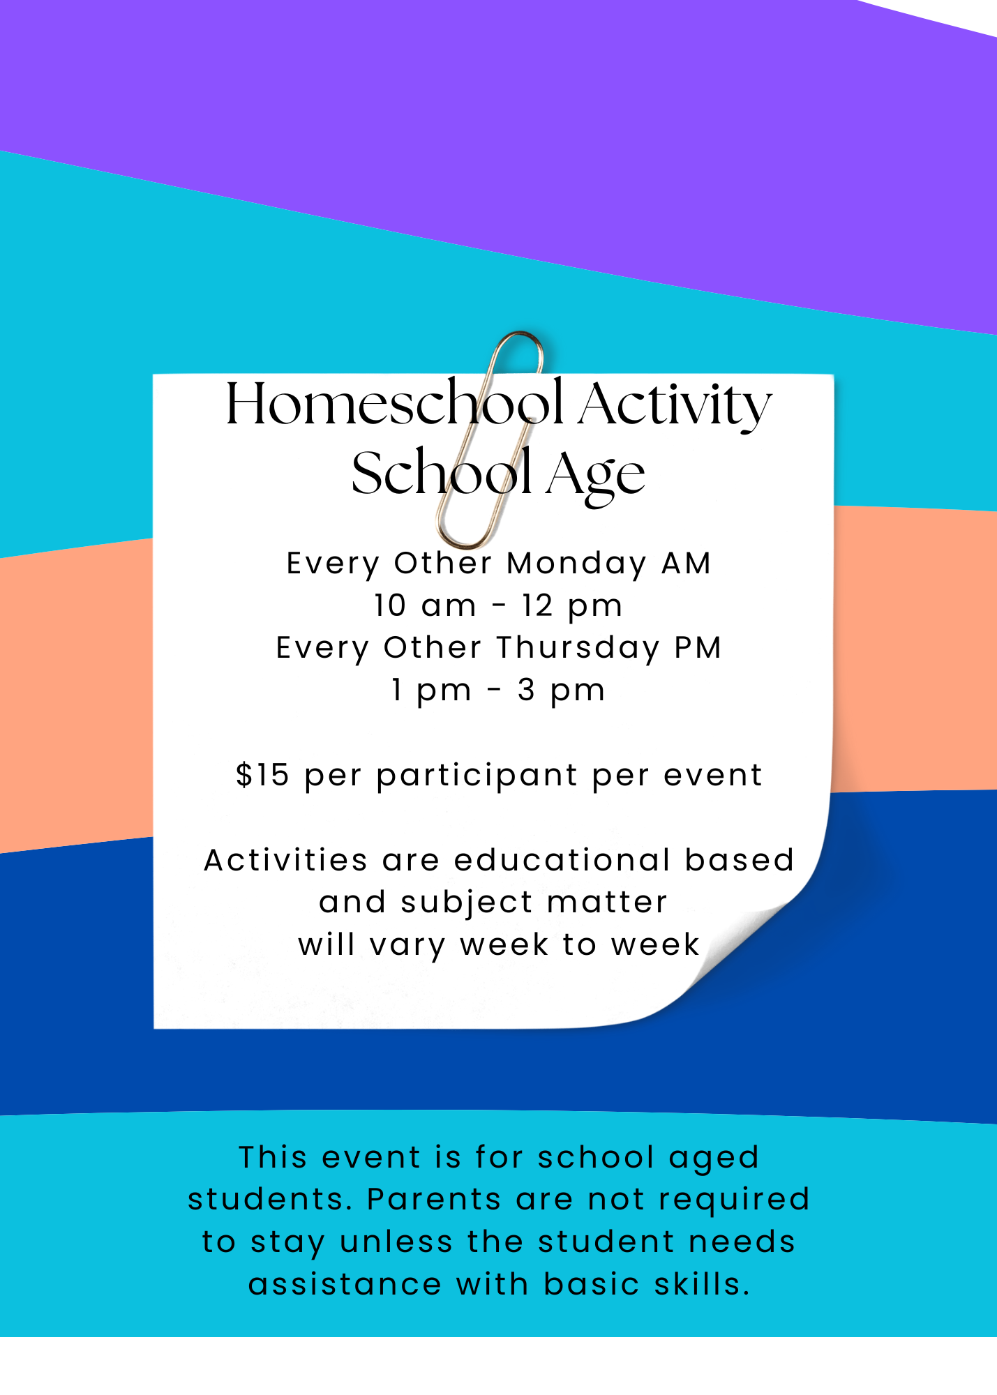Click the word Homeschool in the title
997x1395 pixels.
[x=394, y=405]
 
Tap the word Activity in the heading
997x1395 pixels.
[x=675, y=406]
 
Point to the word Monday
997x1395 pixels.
[x=576, y=564]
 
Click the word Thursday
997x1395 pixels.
[x=578, y=648]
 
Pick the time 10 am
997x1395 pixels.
[x=424, y=605]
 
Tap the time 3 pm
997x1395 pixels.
[x=561, y=691]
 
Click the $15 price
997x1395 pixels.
[x=262, y=775]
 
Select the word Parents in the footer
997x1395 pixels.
[x=434, y=1200]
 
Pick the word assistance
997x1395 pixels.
[x=345, y=1285]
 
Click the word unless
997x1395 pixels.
[x=396, y=1242]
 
